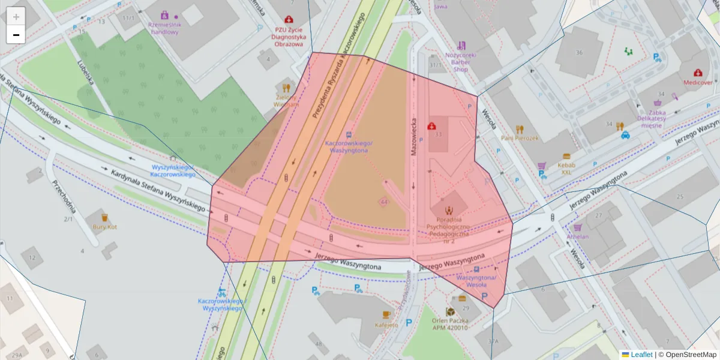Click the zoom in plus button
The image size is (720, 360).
[x=16, y=17]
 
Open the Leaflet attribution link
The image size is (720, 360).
[x=641, y=355]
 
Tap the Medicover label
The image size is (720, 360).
[x=698, y=82]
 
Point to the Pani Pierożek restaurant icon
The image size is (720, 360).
[x=520, y=128]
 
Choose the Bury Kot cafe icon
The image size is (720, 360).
[x=104, y=217]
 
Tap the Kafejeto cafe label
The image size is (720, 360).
[x=386, y=325]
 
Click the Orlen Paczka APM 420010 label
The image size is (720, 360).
[x=450, y=324]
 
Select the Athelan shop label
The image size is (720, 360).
[x=578, y=236]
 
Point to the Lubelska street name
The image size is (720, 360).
[x=85, y=72]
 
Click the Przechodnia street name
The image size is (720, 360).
[x=64, y=196]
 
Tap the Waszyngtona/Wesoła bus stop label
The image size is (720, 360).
[x=476, y=281]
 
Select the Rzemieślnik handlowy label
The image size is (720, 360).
[x=163, y=28]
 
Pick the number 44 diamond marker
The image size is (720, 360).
[x=383, y=202]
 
